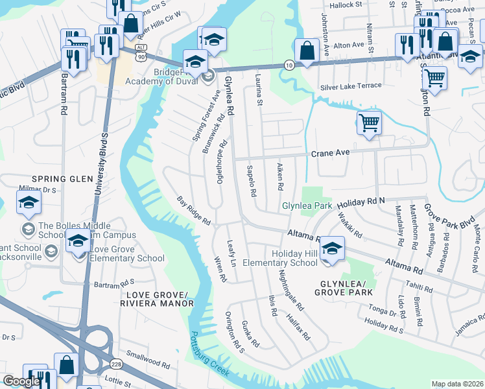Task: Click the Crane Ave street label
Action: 330,152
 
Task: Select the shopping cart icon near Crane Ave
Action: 368,121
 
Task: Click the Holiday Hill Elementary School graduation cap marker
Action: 331,249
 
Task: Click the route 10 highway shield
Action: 288,65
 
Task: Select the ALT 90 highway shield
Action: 140,53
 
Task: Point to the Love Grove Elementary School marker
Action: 78,241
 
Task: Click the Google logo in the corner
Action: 21,381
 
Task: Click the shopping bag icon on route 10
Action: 305,49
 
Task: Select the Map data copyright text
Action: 456,383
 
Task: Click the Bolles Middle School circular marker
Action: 29,229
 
